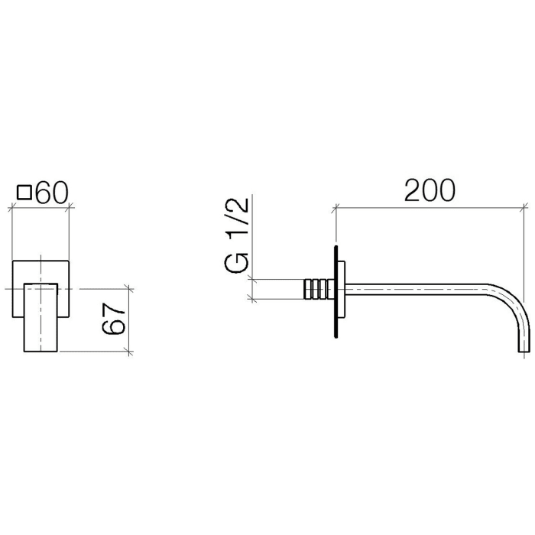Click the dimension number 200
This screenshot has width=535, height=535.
[430, 190]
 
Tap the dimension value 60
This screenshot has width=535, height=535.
[52, 193]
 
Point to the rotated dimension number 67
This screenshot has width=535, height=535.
[113, 319]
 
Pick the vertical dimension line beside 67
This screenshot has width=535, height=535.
[130, 319]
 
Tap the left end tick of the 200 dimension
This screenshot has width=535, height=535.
[335, 207]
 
